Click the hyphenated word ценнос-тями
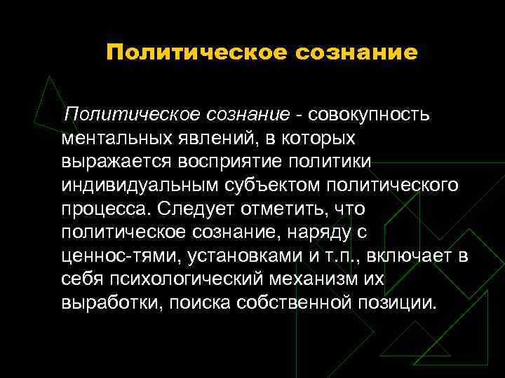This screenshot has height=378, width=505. (x=121, y=257)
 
